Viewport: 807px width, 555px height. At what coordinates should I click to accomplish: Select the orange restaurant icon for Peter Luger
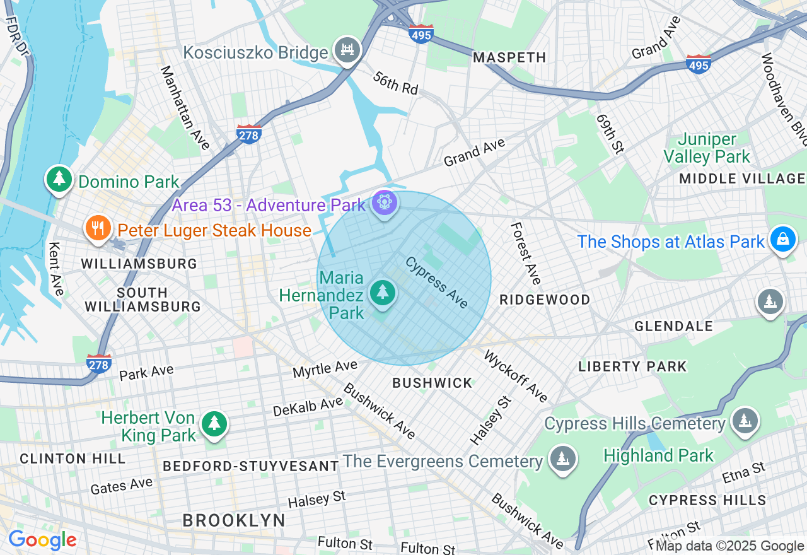click(97, 229)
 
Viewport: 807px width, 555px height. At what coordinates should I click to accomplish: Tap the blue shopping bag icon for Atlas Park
click(782, 240)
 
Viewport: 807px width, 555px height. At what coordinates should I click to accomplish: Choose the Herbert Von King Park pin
click(214, 423)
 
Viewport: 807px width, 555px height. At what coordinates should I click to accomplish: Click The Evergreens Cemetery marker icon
click(562, 459)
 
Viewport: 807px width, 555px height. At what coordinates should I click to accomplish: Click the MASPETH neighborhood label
click(509, 57)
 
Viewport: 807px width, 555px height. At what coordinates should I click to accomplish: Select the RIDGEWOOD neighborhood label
click(545, 300)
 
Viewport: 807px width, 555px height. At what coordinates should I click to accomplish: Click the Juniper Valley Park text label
click(707, 148)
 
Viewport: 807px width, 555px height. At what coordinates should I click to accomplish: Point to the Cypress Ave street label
click(437, 282)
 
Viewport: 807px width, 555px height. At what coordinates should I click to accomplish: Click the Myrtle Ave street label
click(325, 369)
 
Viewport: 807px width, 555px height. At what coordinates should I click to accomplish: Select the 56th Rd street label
click(396, 83)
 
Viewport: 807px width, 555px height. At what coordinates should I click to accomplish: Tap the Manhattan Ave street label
click(185, 108)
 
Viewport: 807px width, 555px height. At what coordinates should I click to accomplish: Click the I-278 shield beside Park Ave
click(99, 363)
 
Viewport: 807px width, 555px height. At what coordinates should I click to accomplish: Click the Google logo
click(42, 540)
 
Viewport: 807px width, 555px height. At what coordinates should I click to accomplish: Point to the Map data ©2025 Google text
click(729, 546)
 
